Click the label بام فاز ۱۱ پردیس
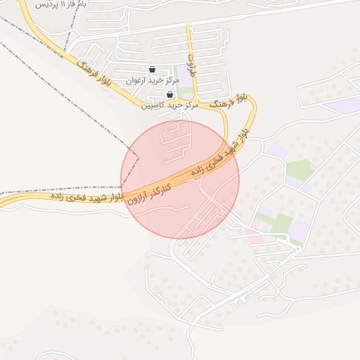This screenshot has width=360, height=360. click(x=53, y=4)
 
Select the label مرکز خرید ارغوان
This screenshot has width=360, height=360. click(x=153, y=81)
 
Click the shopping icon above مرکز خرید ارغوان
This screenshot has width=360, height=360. click(x=153, y=70)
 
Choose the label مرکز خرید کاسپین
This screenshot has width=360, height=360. click(x=169, y=105)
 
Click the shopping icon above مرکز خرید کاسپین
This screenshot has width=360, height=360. click(x=169, y=94)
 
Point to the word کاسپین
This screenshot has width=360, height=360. click(x=153, y=105)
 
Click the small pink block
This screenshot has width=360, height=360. click(x=253, y=240)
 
